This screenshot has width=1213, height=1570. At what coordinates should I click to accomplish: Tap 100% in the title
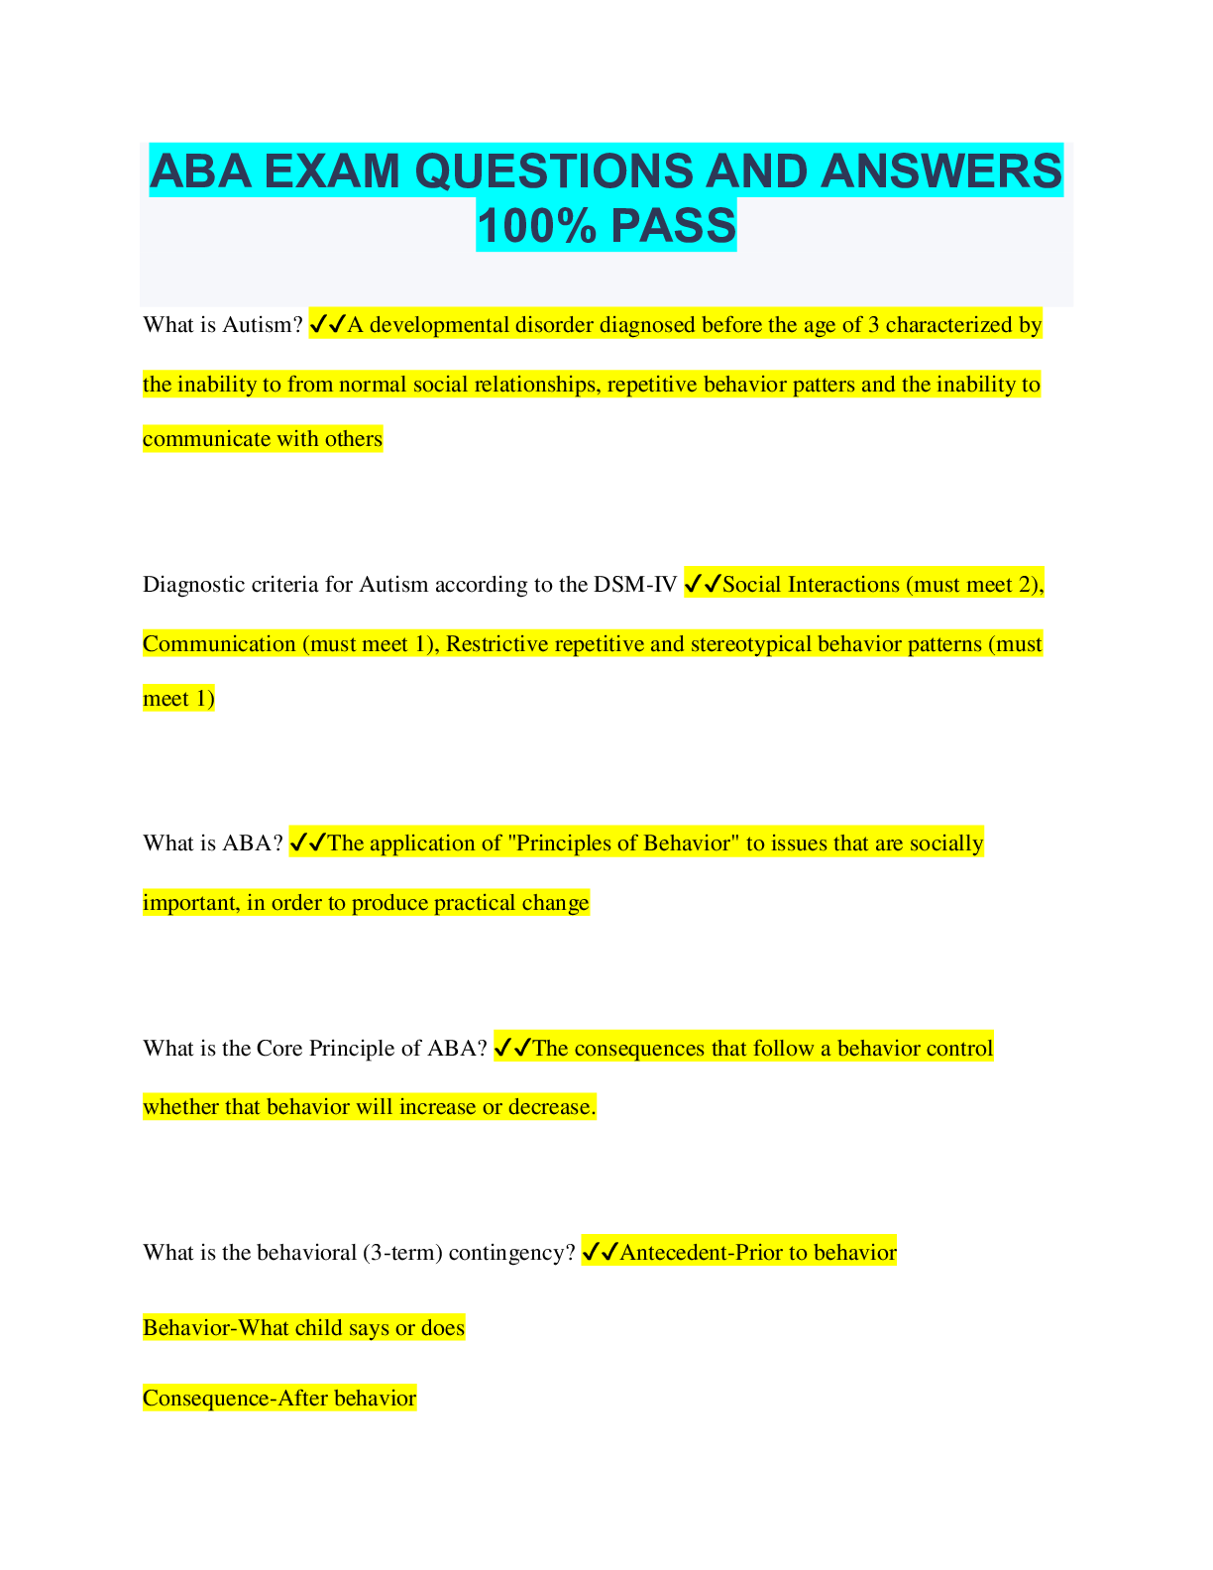coord(536,225)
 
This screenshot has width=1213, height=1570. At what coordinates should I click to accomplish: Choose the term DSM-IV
coord(635,585)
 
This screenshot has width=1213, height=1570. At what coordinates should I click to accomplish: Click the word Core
coord(279,1049)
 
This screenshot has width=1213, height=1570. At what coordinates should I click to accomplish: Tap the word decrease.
coord(552,1107)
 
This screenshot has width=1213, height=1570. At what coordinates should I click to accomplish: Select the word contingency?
coord(511,1253)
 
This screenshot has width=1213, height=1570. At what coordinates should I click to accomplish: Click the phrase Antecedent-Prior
coord(701,1253)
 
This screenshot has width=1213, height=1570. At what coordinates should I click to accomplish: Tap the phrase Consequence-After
coord(235,1399)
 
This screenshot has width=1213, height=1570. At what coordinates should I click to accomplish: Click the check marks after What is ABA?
coord(307,843)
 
